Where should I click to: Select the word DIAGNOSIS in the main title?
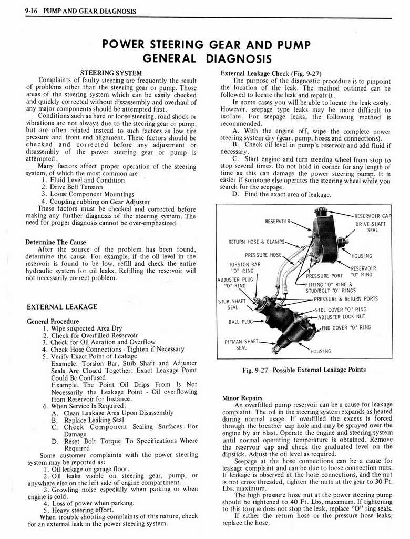[240, 57]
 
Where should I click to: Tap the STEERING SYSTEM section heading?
[110, 73]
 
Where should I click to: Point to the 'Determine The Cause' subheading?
[55, 242]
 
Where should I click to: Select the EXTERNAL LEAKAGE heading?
[61, 306]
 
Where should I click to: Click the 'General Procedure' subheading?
[53, 321]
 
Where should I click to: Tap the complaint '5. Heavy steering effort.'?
[79, 510]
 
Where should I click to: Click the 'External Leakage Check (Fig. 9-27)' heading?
[271, 73]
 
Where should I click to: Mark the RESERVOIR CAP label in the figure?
[373, 216]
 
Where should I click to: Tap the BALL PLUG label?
[240, 321]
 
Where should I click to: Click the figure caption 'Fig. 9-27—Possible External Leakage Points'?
[304, 370]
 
